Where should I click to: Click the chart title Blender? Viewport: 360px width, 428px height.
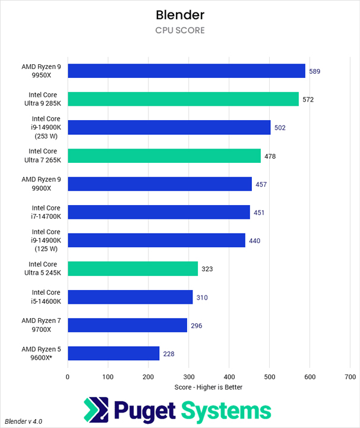coord(179,14)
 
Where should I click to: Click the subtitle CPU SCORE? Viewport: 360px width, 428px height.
coord(179,30)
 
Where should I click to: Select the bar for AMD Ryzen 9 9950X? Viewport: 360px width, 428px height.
coord(187,71)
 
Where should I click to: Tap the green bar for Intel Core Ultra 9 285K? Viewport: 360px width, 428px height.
coord(183,99)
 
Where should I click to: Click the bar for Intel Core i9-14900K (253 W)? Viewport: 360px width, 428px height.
coord(169,128)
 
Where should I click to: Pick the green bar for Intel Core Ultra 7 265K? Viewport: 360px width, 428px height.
coord(164,156)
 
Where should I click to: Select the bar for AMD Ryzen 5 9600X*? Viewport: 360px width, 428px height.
coord(113,354)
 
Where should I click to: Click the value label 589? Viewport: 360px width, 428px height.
coord(315,71)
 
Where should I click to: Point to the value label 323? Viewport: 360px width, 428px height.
coord(207,269)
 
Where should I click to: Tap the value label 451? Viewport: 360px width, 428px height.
coord(259,213)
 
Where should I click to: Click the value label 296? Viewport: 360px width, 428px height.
coord(197,326)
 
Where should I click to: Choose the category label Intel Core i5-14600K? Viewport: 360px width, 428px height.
coord(45,297)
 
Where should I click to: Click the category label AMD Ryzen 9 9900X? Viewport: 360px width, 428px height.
coord(45,184)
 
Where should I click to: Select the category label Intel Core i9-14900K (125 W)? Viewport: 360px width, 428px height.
coord(45,240)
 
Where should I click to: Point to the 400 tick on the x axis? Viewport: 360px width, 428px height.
coord(229,377)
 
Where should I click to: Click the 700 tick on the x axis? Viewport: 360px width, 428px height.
coord(350,377)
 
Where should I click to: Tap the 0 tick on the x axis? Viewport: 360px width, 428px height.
coord(68,377)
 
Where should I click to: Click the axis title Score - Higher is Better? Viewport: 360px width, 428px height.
coord(209,387)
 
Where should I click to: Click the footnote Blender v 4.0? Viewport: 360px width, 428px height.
coord(23,421)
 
